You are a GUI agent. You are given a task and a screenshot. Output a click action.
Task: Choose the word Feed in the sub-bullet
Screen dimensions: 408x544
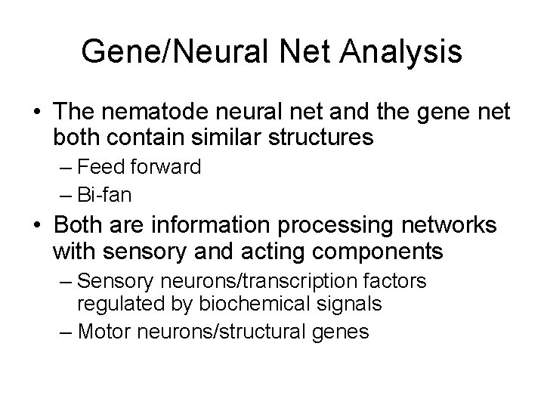[x=100, y=167]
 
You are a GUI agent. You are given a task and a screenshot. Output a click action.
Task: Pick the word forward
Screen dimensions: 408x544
[x=164, y=167]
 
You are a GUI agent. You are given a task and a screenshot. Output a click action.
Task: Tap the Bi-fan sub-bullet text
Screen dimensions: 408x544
[x=104, y=194]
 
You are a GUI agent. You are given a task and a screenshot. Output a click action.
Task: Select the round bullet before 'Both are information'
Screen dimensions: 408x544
[x=37, y=226]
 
